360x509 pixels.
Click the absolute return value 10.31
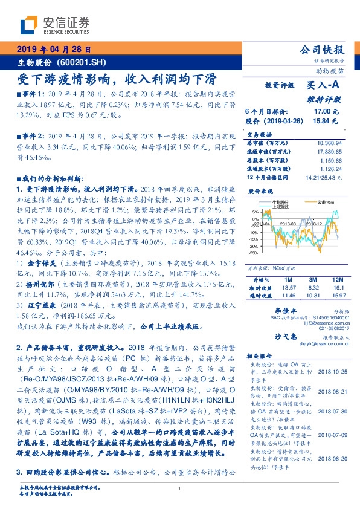313,296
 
